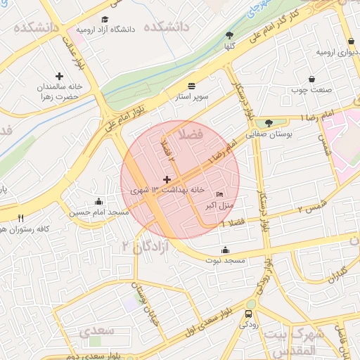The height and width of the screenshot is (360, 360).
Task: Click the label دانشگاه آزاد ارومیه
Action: (105, 30)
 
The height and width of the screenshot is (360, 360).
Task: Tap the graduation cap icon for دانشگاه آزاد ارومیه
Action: (105, 20)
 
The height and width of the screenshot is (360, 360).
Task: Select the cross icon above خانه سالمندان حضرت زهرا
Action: (58, 75)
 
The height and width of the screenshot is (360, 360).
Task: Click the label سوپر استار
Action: (192, 96)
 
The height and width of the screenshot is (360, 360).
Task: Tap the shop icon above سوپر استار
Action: (192, 85)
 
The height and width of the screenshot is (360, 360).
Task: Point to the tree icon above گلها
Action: (229, 34)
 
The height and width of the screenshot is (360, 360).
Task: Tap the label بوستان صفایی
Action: (268, 133)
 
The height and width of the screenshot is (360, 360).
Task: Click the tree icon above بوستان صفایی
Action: (269, 122)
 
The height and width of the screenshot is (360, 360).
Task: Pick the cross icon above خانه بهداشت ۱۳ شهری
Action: (167, 180)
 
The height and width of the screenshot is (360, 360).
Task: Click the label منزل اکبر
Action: (219, 205)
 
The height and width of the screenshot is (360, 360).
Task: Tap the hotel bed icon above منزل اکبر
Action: (219, 195)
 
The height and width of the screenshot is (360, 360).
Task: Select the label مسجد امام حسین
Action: (98, 212)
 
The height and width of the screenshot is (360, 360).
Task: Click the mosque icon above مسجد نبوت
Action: (225, 250)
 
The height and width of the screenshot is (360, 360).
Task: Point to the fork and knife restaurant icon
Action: (20, 218)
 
